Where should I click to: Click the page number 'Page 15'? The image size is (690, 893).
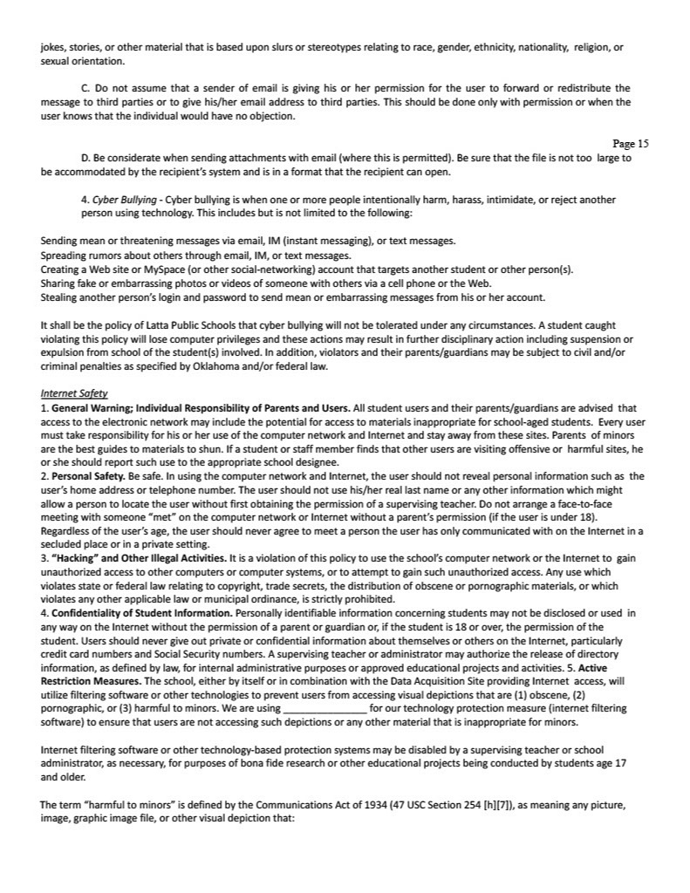[x=631, y=144]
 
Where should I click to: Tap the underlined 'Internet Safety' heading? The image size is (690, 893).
[x=74, y=394]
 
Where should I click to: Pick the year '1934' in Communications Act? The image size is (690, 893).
[x=331, y=807]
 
